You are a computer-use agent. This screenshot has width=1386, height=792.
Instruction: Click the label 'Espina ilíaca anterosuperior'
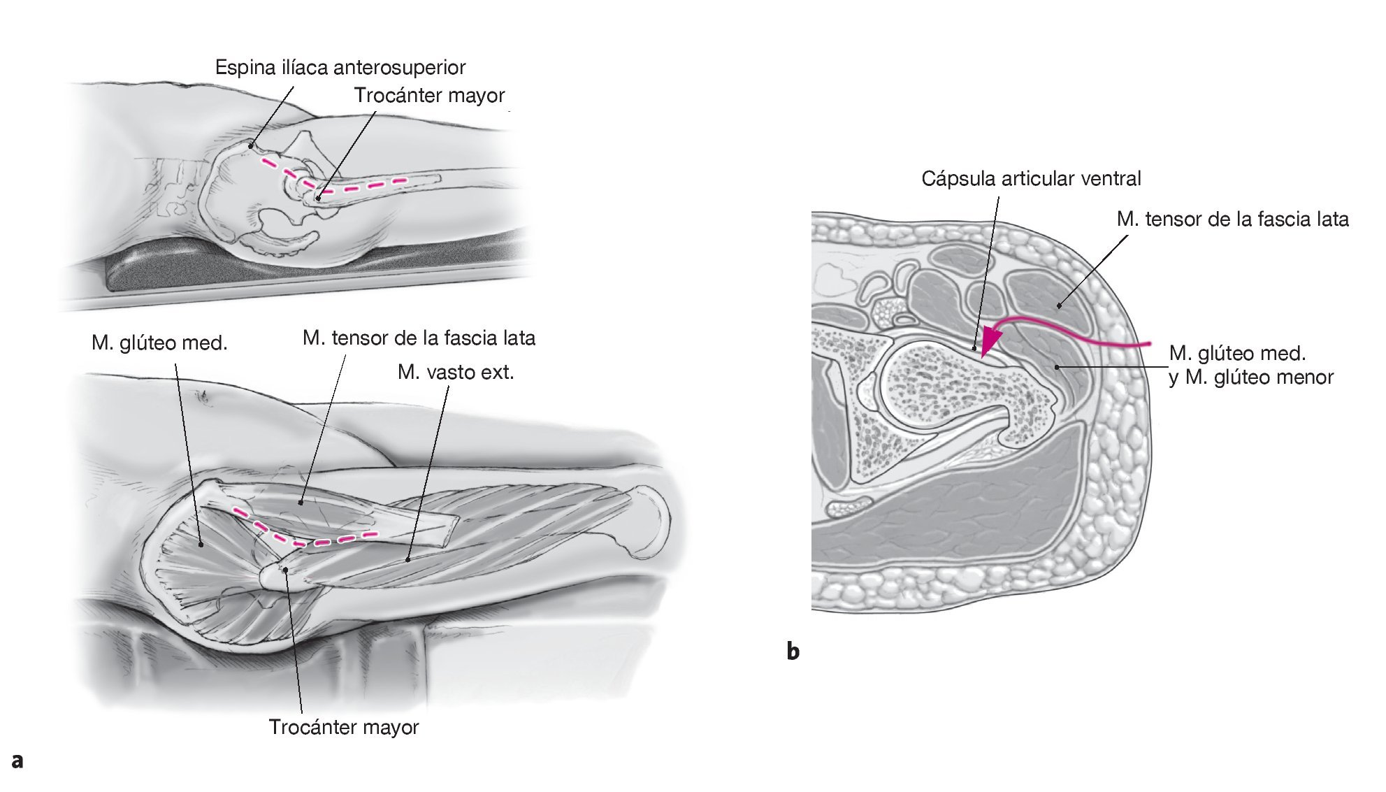(x=340, y=68)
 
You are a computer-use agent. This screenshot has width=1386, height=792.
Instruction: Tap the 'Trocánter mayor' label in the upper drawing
(x=429, y=96)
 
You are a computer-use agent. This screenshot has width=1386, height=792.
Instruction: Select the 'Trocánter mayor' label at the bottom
(x=343, y=728)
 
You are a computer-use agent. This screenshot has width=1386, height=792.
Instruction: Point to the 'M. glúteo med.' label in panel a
(x=159, y=343)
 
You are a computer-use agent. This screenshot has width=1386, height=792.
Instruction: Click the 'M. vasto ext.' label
(x=456, y=373)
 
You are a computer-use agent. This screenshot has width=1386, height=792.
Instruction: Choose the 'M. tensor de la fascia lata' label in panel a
(x=419, y=338)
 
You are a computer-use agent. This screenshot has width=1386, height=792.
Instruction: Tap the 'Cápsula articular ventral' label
(x=1031, y=179)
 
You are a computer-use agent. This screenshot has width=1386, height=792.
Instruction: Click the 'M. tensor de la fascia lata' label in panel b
(x=1232, y=219)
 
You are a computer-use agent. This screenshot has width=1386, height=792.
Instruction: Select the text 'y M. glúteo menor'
(x=1251, y=377)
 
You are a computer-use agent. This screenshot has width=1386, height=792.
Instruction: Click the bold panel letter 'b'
(x=793, y=651)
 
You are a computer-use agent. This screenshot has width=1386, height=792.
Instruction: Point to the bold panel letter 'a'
(x=17, y=761)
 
